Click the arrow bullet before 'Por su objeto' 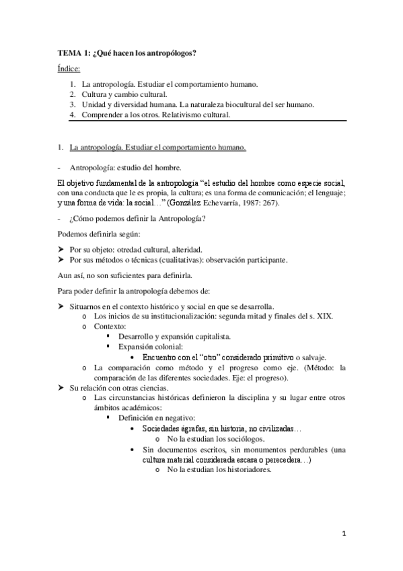(x=59, y=248)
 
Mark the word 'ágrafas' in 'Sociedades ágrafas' (x=185, y=428)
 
